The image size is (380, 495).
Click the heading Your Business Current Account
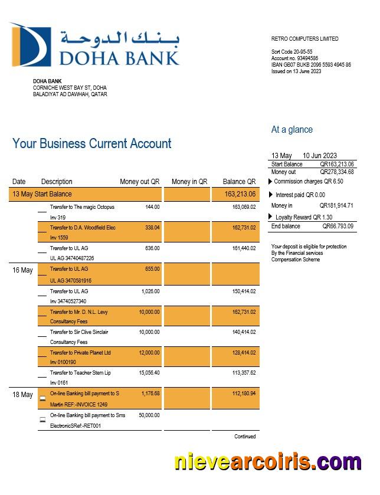[x=92, y=143]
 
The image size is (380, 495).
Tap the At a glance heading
[x=291, y=130]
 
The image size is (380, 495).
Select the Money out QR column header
[x=139, y=182]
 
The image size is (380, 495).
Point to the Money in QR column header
[x=189, y=182]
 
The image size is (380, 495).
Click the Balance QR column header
[x=239, y=182]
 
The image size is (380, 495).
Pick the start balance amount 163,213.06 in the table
[x=240, y=194]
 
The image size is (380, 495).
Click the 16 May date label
[x=22, y=270]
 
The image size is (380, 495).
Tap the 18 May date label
[x=22, y=395]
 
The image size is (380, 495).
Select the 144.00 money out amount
[x=152, y=207]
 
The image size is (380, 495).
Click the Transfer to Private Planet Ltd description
[x=80, y=353]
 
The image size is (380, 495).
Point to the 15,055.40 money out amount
[x=149, y=373]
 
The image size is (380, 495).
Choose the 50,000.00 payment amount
[x=149, y=415]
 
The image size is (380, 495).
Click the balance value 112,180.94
[x=244, y=393]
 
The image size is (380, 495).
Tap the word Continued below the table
[x=245, y=437]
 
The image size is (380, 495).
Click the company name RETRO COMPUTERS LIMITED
[x=304, y=39]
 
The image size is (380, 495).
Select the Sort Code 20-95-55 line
[x=291, y=52]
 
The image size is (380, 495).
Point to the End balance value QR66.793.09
[x=338, y=226]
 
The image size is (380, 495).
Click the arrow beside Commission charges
[x=271, y=182]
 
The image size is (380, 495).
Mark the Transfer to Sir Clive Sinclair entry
[x=79, y=332]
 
